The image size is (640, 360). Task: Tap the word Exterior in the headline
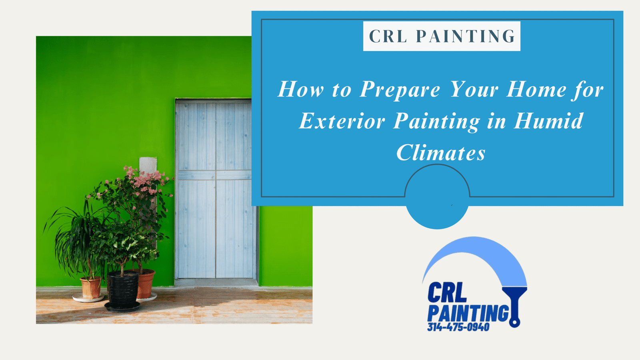pos(342,121)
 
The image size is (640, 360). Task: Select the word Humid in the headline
pos(548,121)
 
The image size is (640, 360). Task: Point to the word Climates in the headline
pos(441,152)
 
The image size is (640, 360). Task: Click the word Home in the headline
pos(536,89)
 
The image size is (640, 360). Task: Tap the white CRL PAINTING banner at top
pos(442,36)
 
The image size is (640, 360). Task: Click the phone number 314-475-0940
pos(458,327)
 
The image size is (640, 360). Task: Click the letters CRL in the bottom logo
pos(447,292)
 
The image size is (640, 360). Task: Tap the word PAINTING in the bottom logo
pos(468,314)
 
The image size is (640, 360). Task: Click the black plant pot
pos(122,290)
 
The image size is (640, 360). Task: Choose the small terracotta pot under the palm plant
pos(90,288)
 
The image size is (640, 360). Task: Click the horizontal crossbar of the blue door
pos(214,175)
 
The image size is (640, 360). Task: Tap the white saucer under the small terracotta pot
pos(88,298)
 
